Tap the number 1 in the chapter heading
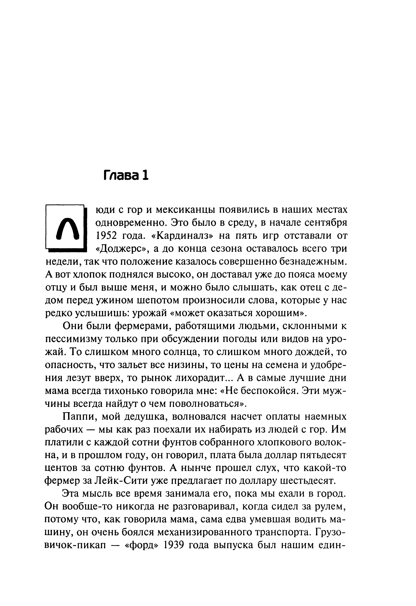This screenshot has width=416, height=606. (145, 175)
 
